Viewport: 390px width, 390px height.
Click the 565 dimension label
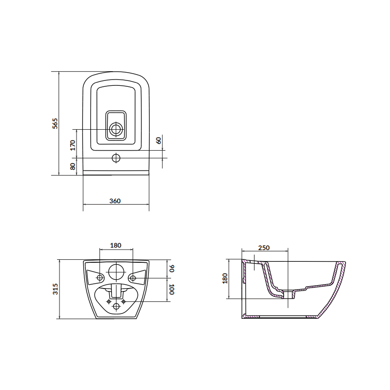point(56,123)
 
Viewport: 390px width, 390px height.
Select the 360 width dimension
point(115,201)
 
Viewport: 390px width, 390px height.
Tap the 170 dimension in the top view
point(73,145)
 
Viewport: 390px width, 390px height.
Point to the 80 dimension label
point(73,166)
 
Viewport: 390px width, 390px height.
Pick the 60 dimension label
point(158,140)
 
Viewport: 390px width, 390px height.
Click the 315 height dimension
point(56,289)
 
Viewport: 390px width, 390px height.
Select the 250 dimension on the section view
point(263,248)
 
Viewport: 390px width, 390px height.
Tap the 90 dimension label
point(171,268)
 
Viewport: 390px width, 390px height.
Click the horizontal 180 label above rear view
point(116,245)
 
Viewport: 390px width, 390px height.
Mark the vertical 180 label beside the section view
point(225,278)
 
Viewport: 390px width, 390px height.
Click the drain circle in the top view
point(116,129)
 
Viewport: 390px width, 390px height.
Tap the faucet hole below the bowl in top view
point(116,158)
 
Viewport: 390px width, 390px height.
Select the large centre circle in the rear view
point(116,272)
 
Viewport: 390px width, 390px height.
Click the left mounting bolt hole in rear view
point(100,278)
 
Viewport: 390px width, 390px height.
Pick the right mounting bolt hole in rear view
point(132,278)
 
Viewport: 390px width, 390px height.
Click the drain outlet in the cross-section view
point(289,294)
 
